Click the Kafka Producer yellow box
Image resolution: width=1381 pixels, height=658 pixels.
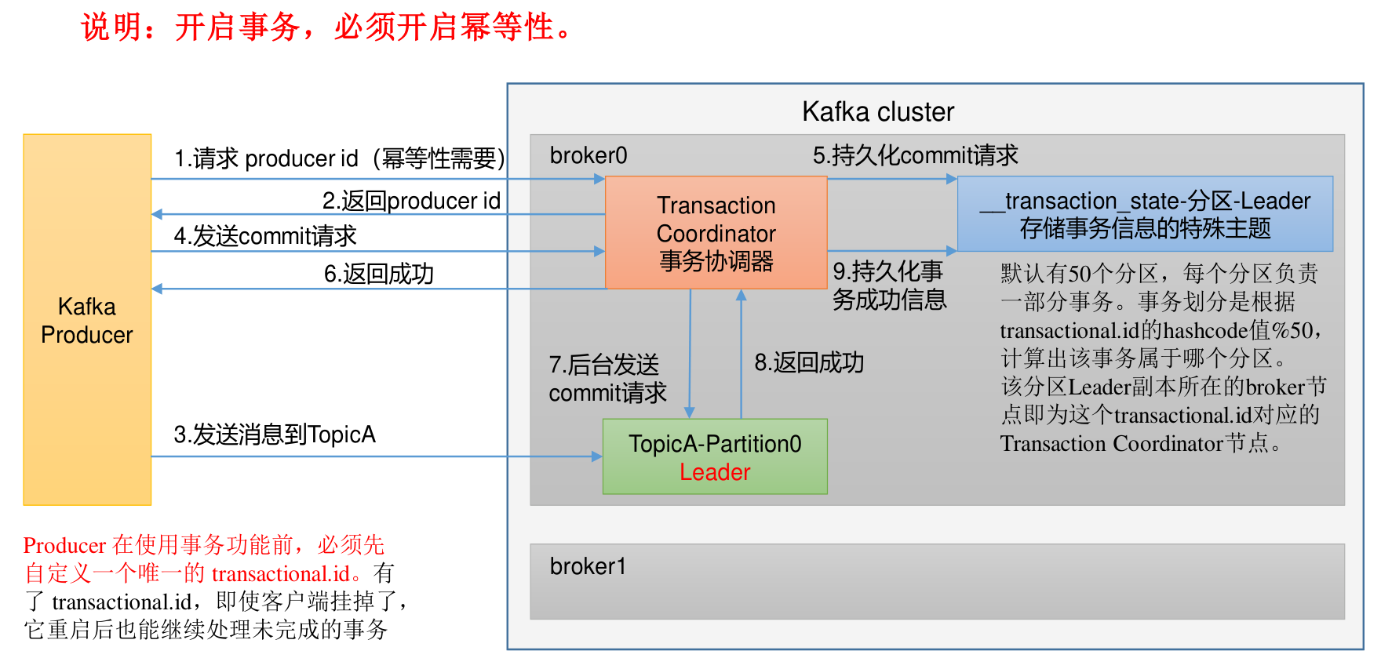point(87,320)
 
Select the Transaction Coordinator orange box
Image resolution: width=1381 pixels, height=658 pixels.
point(716,232)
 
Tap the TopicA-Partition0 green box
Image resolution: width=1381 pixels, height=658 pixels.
point(715,456)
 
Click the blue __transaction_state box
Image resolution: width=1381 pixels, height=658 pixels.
point(1145,213)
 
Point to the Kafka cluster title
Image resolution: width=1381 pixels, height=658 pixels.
point(878,112)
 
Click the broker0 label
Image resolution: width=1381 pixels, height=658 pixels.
point(588,155)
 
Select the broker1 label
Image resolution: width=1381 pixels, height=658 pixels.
point(588,566)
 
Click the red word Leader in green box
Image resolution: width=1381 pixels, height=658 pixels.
point(715,472)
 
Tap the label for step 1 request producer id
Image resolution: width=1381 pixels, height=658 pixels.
point(339,158)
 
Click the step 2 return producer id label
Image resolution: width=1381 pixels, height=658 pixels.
point(411,201)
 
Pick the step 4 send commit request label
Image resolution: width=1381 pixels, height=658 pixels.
point(265,235)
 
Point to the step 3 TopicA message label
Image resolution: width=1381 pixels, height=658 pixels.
point(275,434)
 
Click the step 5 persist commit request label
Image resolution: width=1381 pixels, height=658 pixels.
point(915,155)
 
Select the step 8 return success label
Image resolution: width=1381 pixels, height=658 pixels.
point(809,362)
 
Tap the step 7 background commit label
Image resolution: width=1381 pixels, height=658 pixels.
point(607,378)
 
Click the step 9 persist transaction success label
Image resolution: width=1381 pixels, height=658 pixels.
point(889,285)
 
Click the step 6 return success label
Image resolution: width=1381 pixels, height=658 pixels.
point(378,274)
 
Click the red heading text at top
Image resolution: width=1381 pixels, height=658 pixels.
point(328,27)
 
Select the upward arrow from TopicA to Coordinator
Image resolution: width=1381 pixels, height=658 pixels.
point(741,353)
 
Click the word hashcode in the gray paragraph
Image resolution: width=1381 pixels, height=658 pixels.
point(1205,331)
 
